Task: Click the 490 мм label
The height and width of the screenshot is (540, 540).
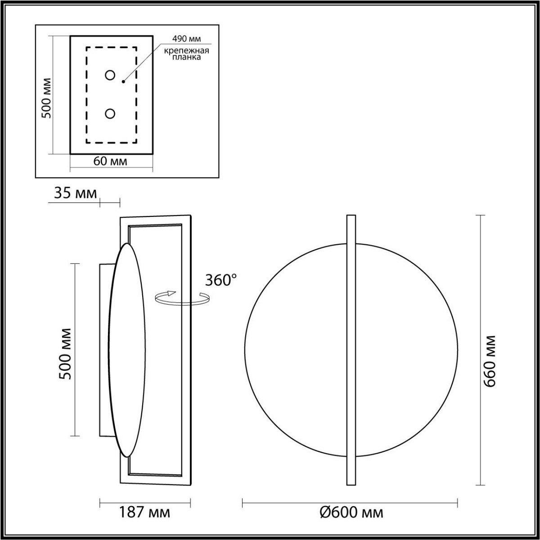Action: (185, 39)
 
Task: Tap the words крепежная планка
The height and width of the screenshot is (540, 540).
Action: (186, 54)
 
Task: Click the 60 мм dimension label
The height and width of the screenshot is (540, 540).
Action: (110, 161)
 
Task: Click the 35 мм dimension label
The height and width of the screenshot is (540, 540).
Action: (75, 193)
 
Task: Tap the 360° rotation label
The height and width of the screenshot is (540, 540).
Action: (220, 280)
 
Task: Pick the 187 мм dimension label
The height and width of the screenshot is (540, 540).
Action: (144, 512)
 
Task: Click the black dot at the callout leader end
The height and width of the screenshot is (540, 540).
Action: (123, 82)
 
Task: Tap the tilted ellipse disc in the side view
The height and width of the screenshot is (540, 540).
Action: (127, 350)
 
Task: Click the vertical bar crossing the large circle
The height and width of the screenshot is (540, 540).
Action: (351, 350)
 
